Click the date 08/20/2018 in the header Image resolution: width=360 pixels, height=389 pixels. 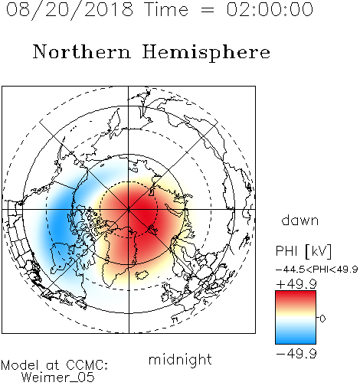tap(69, 10)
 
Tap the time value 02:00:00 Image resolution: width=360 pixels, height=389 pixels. tap(270, 9)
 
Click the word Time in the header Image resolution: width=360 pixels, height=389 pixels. tap(166, 9)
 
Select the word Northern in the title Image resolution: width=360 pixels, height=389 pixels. tap(82, 51)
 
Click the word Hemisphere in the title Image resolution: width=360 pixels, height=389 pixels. tap(206, 52)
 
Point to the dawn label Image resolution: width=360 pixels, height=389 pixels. tap(300, 220)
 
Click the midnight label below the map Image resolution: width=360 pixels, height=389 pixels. tap(180, 360)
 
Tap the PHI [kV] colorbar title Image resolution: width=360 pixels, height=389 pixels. tap(303, 251)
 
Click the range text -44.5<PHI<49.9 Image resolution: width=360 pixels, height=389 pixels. tap(316, 270)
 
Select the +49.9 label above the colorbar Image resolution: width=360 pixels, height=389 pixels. tap(296, 284)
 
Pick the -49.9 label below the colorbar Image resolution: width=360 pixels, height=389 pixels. tap(296, 354)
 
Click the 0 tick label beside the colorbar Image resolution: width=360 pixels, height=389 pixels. tap(322, 319)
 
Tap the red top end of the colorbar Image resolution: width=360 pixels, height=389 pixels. tap(296, 293)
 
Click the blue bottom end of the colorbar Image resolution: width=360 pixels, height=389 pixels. tap(296, 342)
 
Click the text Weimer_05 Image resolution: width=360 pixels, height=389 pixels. tap(57, 378)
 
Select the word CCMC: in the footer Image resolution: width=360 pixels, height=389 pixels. tap(87, 365)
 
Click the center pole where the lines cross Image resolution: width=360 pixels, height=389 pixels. tap(129, 209)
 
